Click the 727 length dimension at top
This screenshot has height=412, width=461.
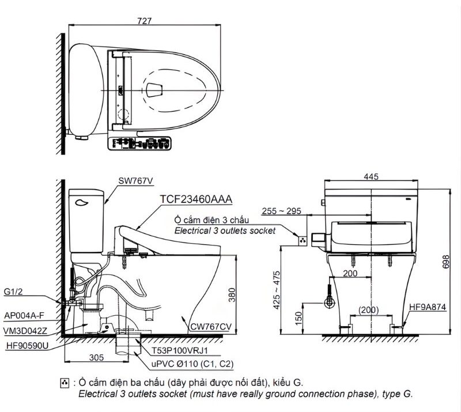(x=145, y=21)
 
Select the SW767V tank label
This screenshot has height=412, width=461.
(x=136, y=180)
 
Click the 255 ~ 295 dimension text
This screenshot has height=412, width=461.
(x=281, y=211)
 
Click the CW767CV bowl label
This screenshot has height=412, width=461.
(x=211, y=327)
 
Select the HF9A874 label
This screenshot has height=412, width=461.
(x=427, y=308)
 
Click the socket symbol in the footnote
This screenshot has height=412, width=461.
(x=64, y=383)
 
